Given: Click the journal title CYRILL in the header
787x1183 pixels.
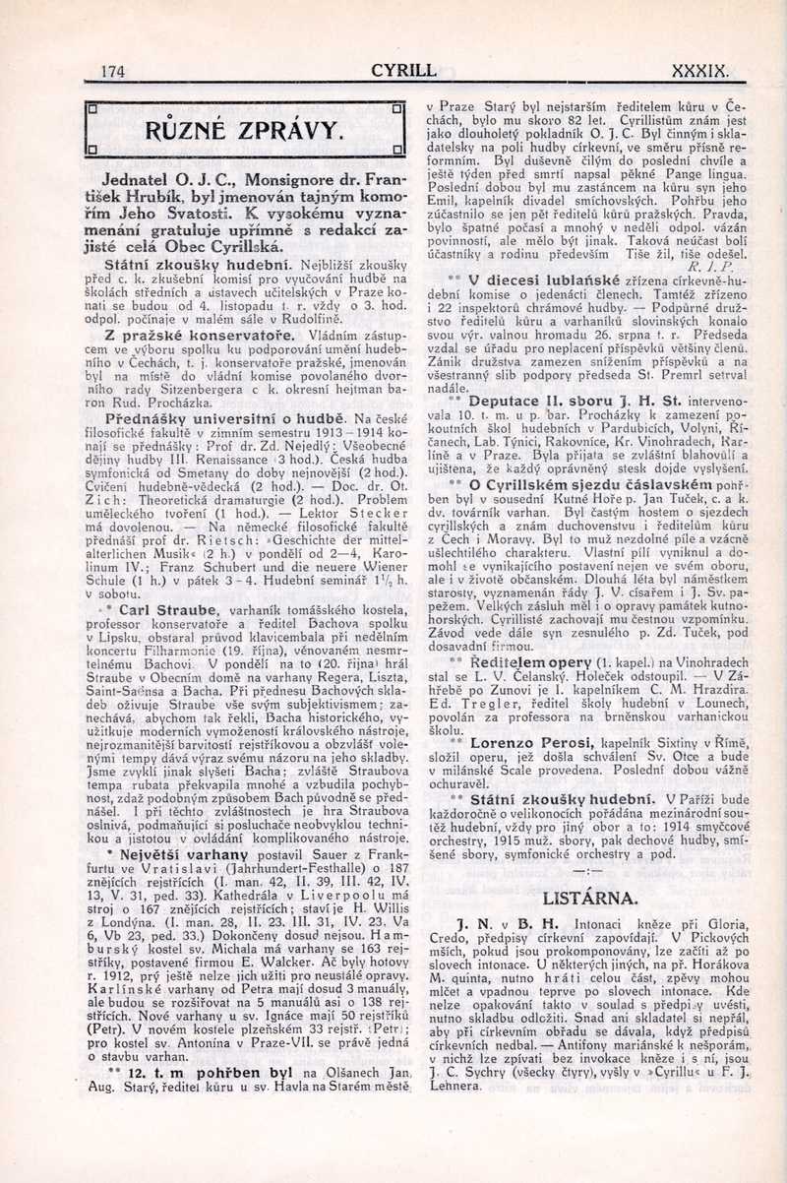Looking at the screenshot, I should (403, 70).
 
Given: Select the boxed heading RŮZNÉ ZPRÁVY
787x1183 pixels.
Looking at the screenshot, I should (246, 130).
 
